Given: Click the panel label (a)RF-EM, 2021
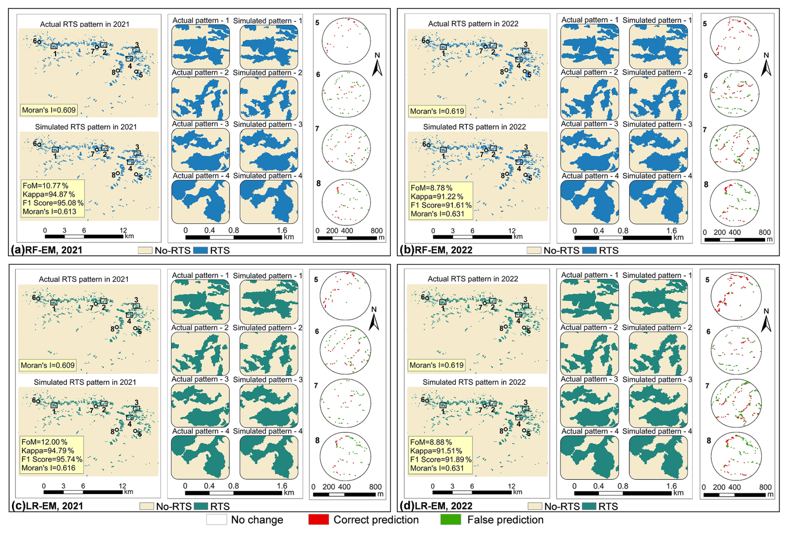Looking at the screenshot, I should coord(47,250).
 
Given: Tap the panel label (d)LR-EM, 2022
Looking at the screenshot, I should coord(436,506).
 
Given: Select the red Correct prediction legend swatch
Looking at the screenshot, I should coord(318,520).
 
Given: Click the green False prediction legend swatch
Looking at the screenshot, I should coord(451,520).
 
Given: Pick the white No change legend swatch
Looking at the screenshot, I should coord(217,520).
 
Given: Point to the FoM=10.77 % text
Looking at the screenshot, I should coord(45,186).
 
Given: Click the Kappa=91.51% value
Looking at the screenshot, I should coord(436,451).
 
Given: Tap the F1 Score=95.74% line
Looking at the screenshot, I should coord(52,459).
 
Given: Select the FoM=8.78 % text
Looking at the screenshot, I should coord(431,188).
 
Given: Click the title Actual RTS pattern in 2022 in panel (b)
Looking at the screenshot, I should coord(473,24).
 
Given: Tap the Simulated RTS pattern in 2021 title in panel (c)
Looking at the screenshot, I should coord(85,382).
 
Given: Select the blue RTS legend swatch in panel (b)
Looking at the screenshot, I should coord(589,250).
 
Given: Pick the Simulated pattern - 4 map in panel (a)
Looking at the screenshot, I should coord(269,202).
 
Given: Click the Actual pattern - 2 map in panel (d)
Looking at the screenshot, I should coord(589,354).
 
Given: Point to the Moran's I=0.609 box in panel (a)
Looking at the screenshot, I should coord(49,110).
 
